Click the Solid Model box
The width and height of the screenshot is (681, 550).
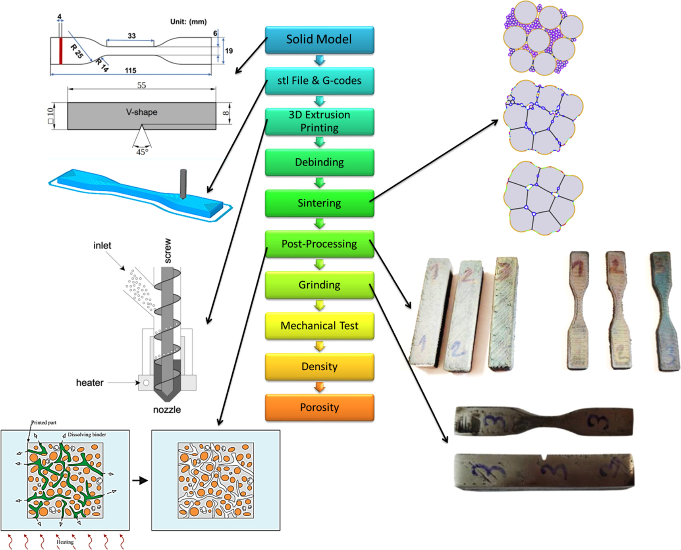tap(319, 40)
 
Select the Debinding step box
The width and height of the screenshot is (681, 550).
tap(319, 162)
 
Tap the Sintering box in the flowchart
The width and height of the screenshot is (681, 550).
tap(319, 203)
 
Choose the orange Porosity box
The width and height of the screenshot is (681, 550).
tap(319, 408)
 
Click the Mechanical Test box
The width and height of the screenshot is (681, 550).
tap(319, 326)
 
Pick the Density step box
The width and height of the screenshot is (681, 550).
tap(319, 367)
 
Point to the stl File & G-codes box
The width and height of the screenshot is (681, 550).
tap(319, 81)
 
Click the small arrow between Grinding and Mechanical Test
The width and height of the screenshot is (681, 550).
tap(319, 306)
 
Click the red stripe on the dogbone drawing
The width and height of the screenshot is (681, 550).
tap(61, 51)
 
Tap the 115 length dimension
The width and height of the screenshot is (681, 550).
tap(131, 71)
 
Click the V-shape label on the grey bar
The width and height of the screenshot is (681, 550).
tap(142, 112)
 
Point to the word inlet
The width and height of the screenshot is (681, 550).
tap(102, 246)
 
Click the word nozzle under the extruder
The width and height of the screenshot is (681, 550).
tap(167, 410)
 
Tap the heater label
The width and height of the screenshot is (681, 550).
tap(90, 383)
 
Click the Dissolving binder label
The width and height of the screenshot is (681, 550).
tap(87, 435)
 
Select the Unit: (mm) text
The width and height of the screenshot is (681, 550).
tap(188, 22)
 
